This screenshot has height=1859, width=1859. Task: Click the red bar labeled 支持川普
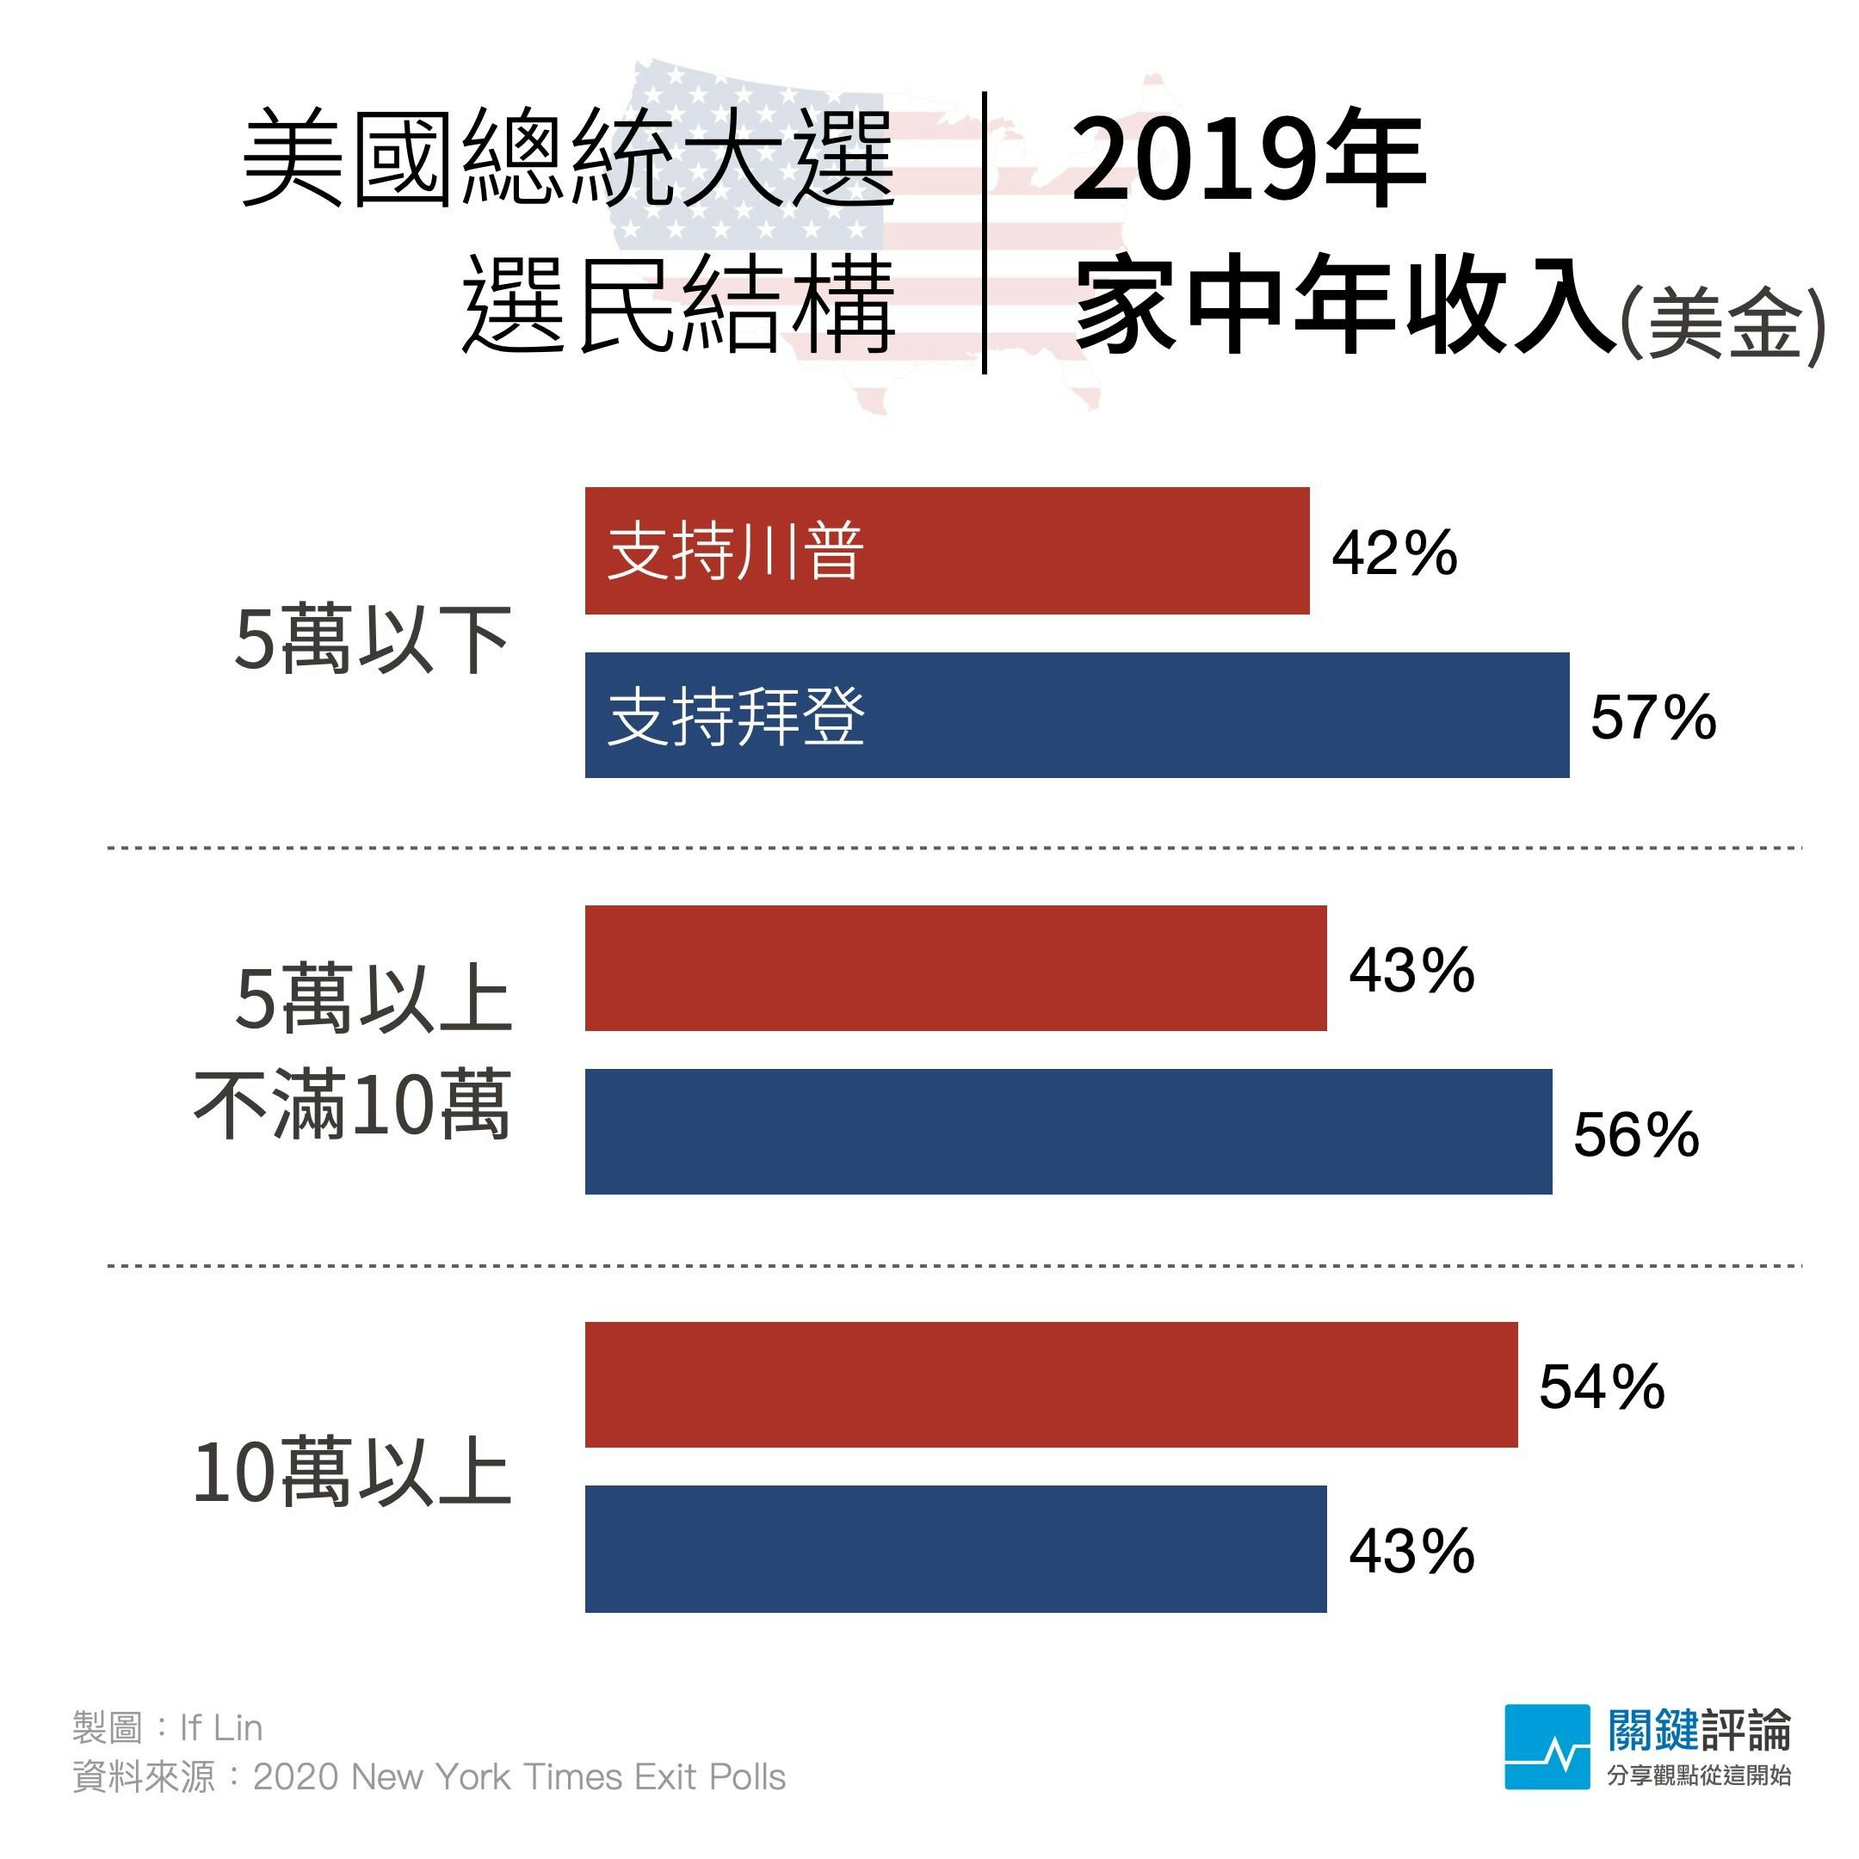click(947, 551)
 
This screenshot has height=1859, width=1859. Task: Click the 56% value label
click(1635, 1134)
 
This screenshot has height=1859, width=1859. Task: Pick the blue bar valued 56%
click(1067, 1132)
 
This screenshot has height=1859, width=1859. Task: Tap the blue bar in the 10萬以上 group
click(954, 1549)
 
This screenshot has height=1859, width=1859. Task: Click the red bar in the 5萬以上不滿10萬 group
click(954, 968)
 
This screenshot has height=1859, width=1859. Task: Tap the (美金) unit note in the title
click(1722, 325)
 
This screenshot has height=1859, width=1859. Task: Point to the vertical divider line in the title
click(985, 233)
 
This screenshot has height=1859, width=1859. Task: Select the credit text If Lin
click(220, 1727)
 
